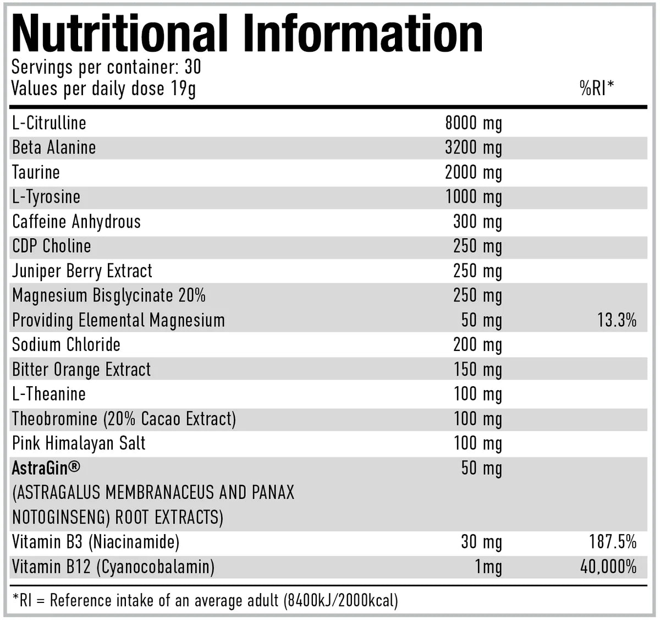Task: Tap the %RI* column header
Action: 597,88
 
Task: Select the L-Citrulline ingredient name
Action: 50,123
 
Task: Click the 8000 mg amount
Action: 473,123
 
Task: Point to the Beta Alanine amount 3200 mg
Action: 473,148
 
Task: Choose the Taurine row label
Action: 36,172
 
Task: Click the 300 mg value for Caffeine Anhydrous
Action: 477,222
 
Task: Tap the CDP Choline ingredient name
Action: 52,246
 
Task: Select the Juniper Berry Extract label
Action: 82,271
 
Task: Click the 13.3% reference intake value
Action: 617,320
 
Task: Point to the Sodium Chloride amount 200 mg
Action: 477,345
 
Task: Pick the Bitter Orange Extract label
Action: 81,370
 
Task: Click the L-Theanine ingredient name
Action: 49,394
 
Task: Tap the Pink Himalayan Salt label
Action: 79,443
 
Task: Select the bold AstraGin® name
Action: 46,468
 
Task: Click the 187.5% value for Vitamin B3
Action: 612,542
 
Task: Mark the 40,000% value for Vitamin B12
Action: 608,567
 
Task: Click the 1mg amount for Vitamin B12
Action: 488,567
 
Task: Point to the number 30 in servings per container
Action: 193,67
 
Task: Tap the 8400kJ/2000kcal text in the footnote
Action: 340,600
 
